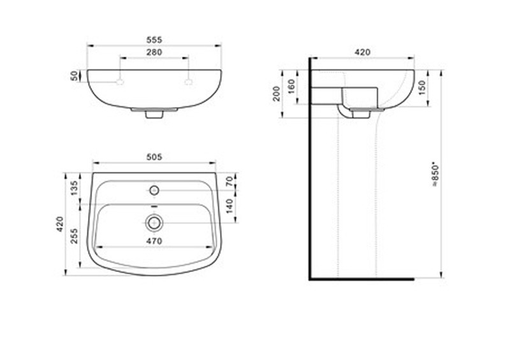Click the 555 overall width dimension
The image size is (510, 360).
pyautogui.click(x=154, y=40)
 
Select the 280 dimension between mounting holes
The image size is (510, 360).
pyautogui.click(x=154, y=52)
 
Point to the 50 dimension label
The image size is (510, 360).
pyautogui.click(x=75, y=76)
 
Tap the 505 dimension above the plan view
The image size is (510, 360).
pyautogui.click(x=154, y=157)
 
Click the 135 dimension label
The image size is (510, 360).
pyautogui.click(x=75, y=188)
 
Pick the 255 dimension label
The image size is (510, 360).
pyautogui.click(x=75, y=236)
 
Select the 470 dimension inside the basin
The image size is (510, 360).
pyautogui.click(x=154, y=241)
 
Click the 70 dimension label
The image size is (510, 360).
pyautogui.click(x=229, y=181)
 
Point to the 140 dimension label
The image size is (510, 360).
pyautogui.click(x=229, y=206)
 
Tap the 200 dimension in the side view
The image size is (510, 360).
pyautogui.click(x=277, y=94)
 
